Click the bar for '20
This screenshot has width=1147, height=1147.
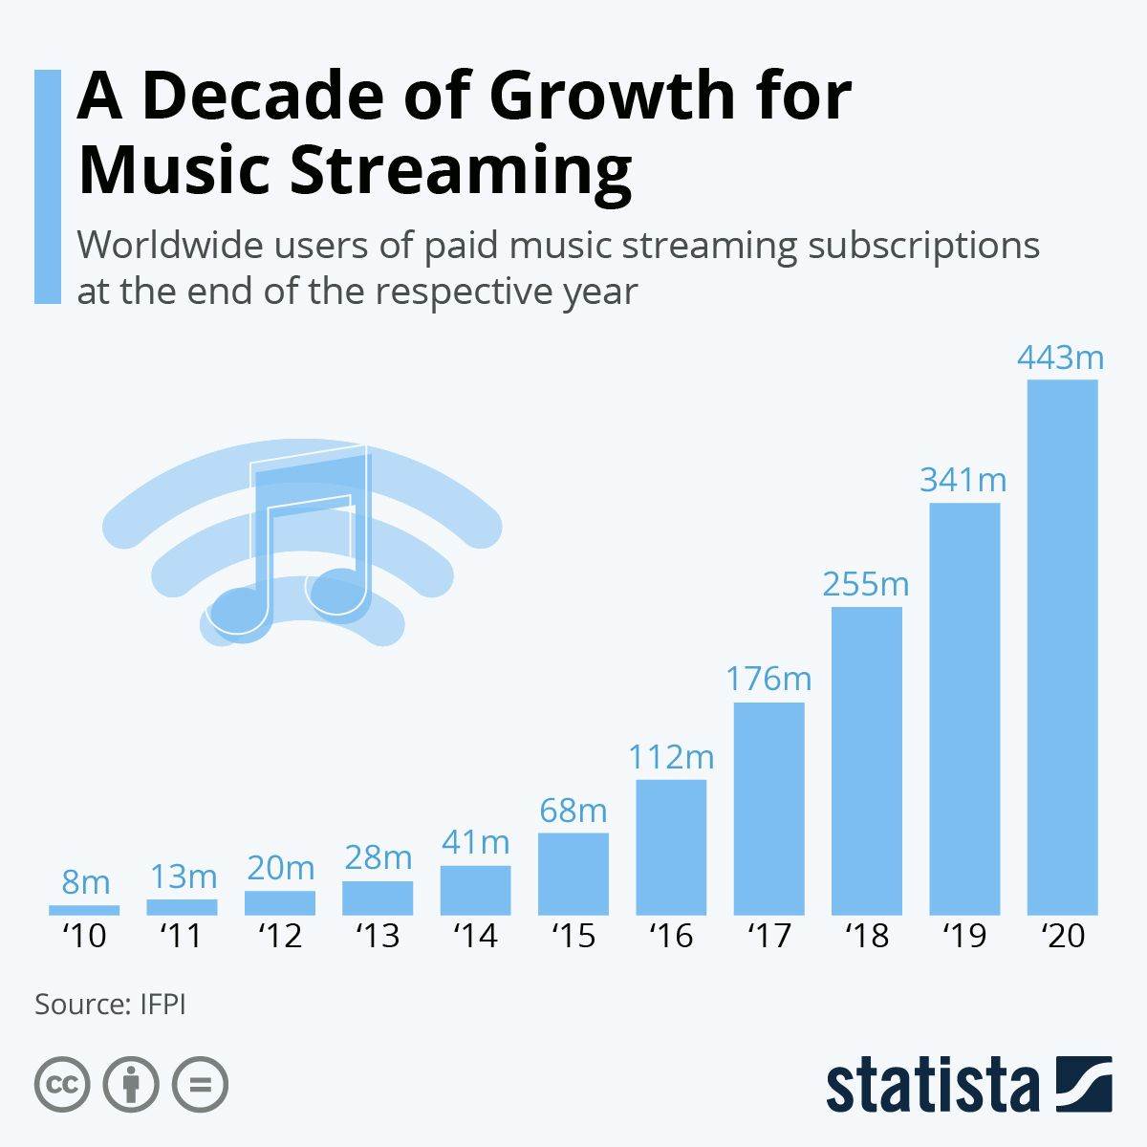(1062, 647)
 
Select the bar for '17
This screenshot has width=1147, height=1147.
(768, 809)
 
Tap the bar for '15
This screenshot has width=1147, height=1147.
(573, 874)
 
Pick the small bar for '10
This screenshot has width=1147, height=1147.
(84, 910)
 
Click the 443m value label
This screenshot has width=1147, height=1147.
(1060, 357)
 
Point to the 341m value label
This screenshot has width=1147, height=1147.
(963, 479)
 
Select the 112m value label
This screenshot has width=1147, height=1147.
(671, 757)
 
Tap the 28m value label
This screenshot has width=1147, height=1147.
(378, 857)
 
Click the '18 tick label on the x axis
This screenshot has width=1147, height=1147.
(867, 936)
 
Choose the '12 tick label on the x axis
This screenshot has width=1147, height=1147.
(280, 936)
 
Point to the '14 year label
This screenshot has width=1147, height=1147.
(475, 936)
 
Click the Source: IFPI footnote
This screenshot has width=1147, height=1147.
(110, 1005)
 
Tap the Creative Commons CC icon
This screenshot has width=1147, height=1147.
(62, 1085)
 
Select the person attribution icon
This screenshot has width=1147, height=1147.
(131, 1085)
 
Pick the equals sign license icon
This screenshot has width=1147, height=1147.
(200, 1085)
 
